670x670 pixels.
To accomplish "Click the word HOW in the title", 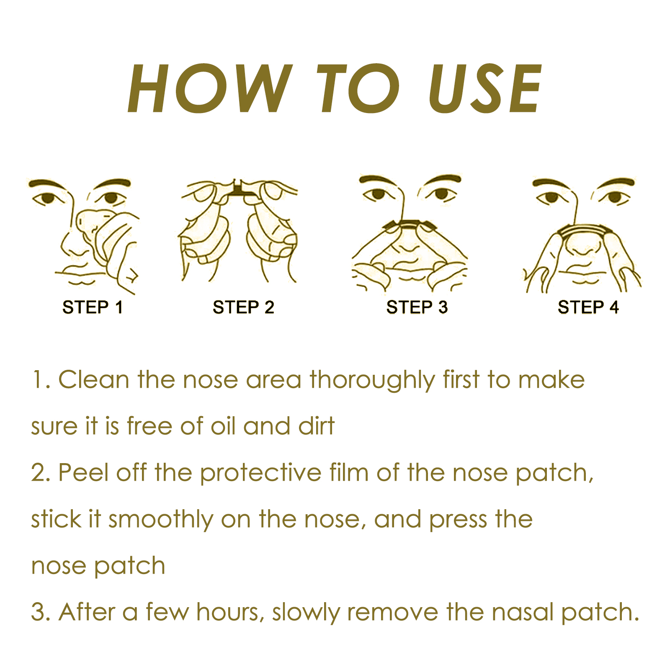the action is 209,88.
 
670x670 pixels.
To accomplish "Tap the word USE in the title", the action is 485,88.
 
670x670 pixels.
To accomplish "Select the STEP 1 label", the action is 93,307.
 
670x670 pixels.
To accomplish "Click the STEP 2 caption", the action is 243,307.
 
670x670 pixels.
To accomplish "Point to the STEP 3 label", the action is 417,307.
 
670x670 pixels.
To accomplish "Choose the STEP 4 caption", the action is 588,307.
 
